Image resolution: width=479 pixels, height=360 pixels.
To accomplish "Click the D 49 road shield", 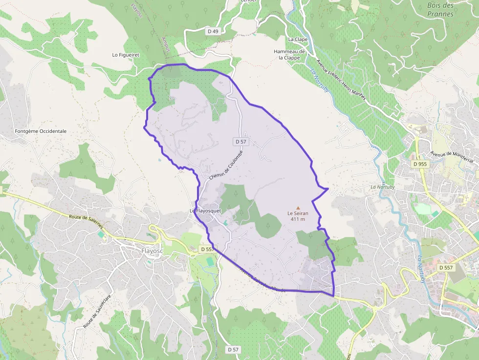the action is tap(213, 31).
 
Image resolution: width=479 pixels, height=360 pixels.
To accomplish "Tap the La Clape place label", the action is tap(298, 39).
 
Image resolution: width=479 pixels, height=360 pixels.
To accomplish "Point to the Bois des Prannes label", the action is tap(440, 10).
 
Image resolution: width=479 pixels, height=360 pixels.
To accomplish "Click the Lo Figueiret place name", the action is tap(126, 55).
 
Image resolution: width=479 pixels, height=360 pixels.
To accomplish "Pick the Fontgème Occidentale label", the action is tap(41, 131).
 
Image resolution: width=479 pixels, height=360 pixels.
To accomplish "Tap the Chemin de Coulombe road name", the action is tap(225, 165).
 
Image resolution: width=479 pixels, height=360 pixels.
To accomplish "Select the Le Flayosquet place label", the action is tap(205, 211).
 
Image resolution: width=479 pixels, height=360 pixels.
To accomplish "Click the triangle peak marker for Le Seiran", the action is tap(298, 208).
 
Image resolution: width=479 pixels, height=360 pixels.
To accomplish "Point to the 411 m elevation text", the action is tap(298, 219).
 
